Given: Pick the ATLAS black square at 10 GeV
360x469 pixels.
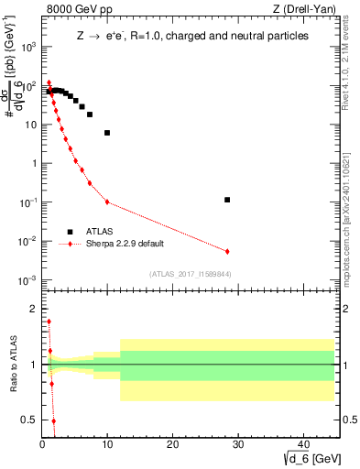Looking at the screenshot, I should coord(107,133).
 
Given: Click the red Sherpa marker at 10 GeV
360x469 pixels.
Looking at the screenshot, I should coord(107,202).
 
